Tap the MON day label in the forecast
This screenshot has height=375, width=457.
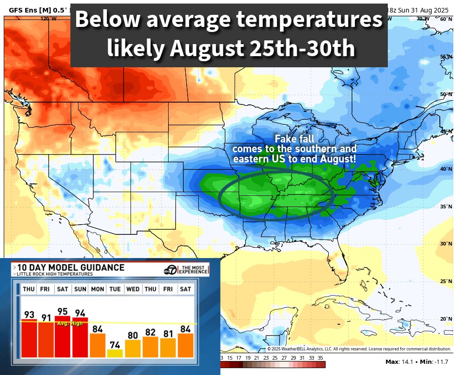(98, 289)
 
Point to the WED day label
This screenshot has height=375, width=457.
(133, 289)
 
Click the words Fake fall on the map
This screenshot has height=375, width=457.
(294, 139)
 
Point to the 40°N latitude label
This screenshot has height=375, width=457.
(446, 169)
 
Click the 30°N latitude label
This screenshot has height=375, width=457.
(446, 244)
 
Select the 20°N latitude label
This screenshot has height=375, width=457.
(446, 319)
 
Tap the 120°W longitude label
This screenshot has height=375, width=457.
(46, 19)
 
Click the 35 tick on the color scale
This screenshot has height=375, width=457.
(320, 358)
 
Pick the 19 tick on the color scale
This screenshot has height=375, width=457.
(248, 358)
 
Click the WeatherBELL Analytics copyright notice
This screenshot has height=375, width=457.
(359, 349)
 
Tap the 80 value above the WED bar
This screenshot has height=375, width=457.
(133, 335)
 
